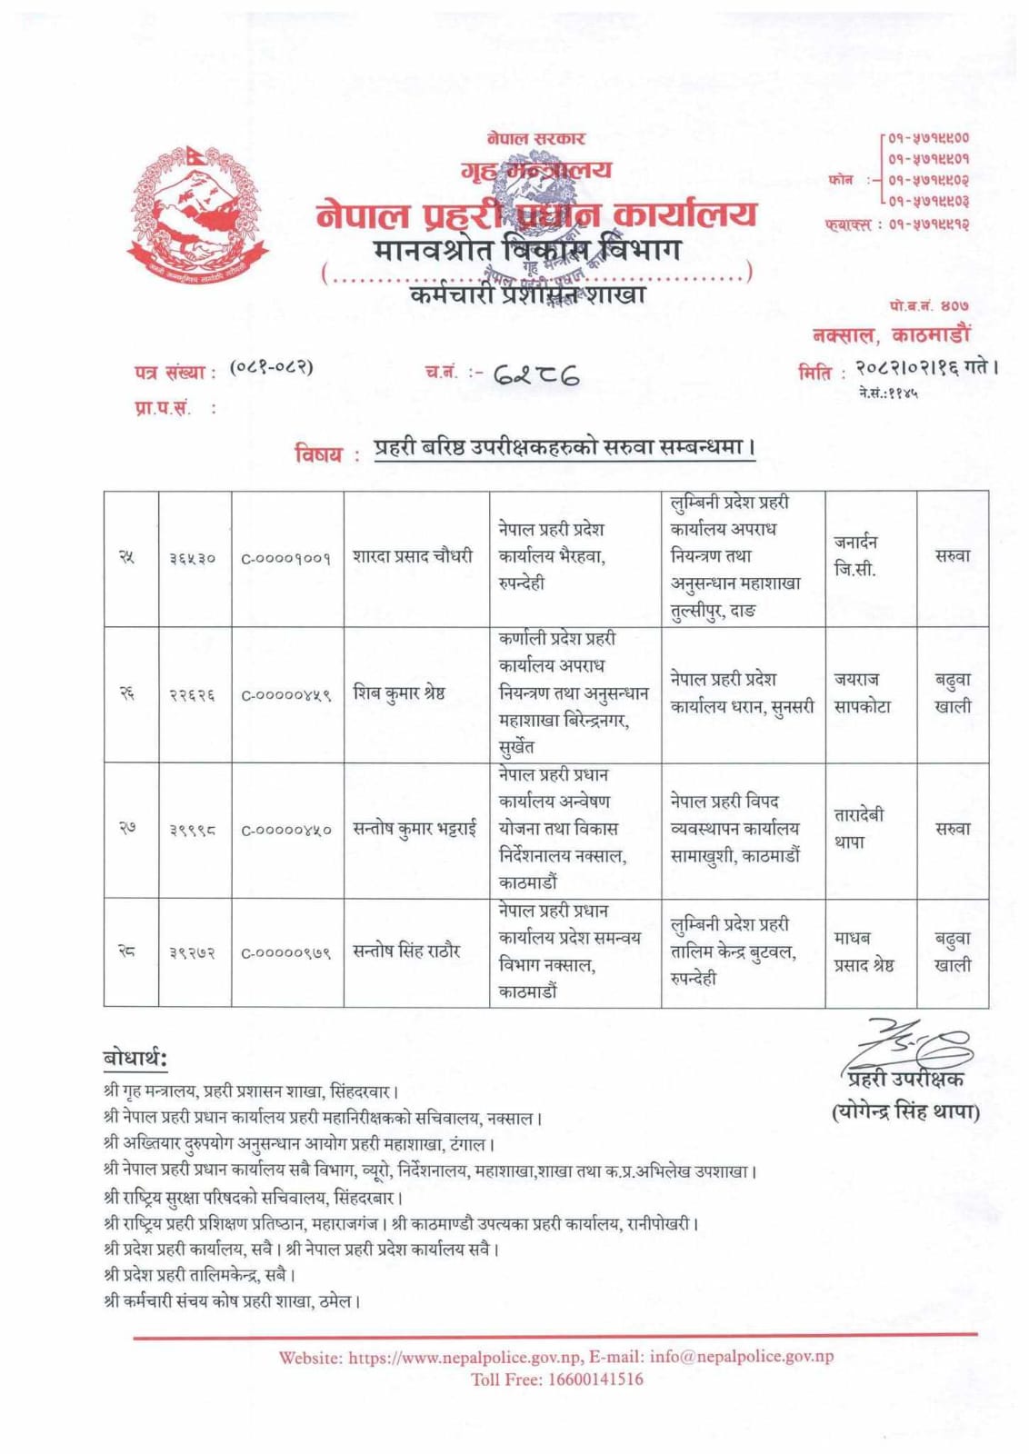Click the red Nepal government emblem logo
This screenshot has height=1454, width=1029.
pyautogui.click(x=198, y=214)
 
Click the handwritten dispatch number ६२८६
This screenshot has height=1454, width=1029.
pyautogui.click(x=536, y=373)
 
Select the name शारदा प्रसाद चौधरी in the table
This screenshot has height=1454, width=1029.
pyautogui.click(x=413, y=556)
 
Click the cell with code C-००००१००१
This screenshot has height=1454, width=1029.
pyautogui.click(x=285, y=558)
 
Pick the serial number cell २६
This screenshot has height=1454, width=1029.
pyautogui.click(x=128, y=693)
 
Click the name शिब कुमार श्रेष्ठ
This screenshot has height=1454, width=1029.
pyautogui.click(x=399, y=693)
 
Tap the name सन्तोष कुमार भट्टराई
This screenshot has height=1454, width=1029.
pyautogui.click(x=415, y=829)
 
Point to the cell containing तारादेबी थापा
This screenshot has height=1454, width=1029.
pyautogui.click(x=859, y=828)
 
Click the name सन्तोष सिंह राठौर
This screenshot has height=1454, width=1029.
pyautogui.click(x=406, y=951)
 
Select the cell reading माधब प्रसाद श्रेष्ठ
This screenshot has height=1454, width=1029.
pyautogui.click(x=864, y=951)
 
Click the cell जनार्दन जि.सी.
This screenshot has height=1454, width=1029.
pyautogui.click(x=855, y=555)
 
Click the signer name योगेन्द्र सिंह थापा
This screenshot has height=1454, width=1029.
pyautogui.click(x=905, y=1111)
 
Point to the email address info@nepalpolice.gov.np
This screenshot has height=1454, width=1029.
pyautogui.click(x=741, y=1357)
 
